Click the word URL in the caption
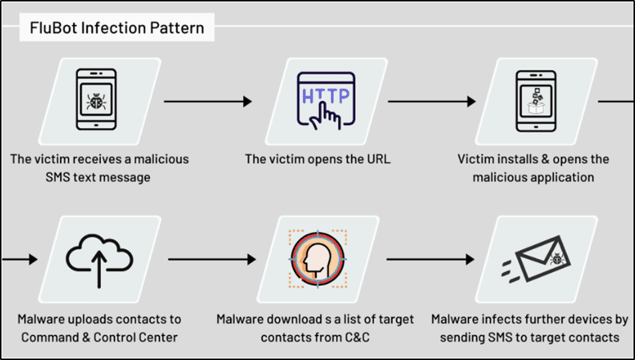[x=374, y=159]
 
